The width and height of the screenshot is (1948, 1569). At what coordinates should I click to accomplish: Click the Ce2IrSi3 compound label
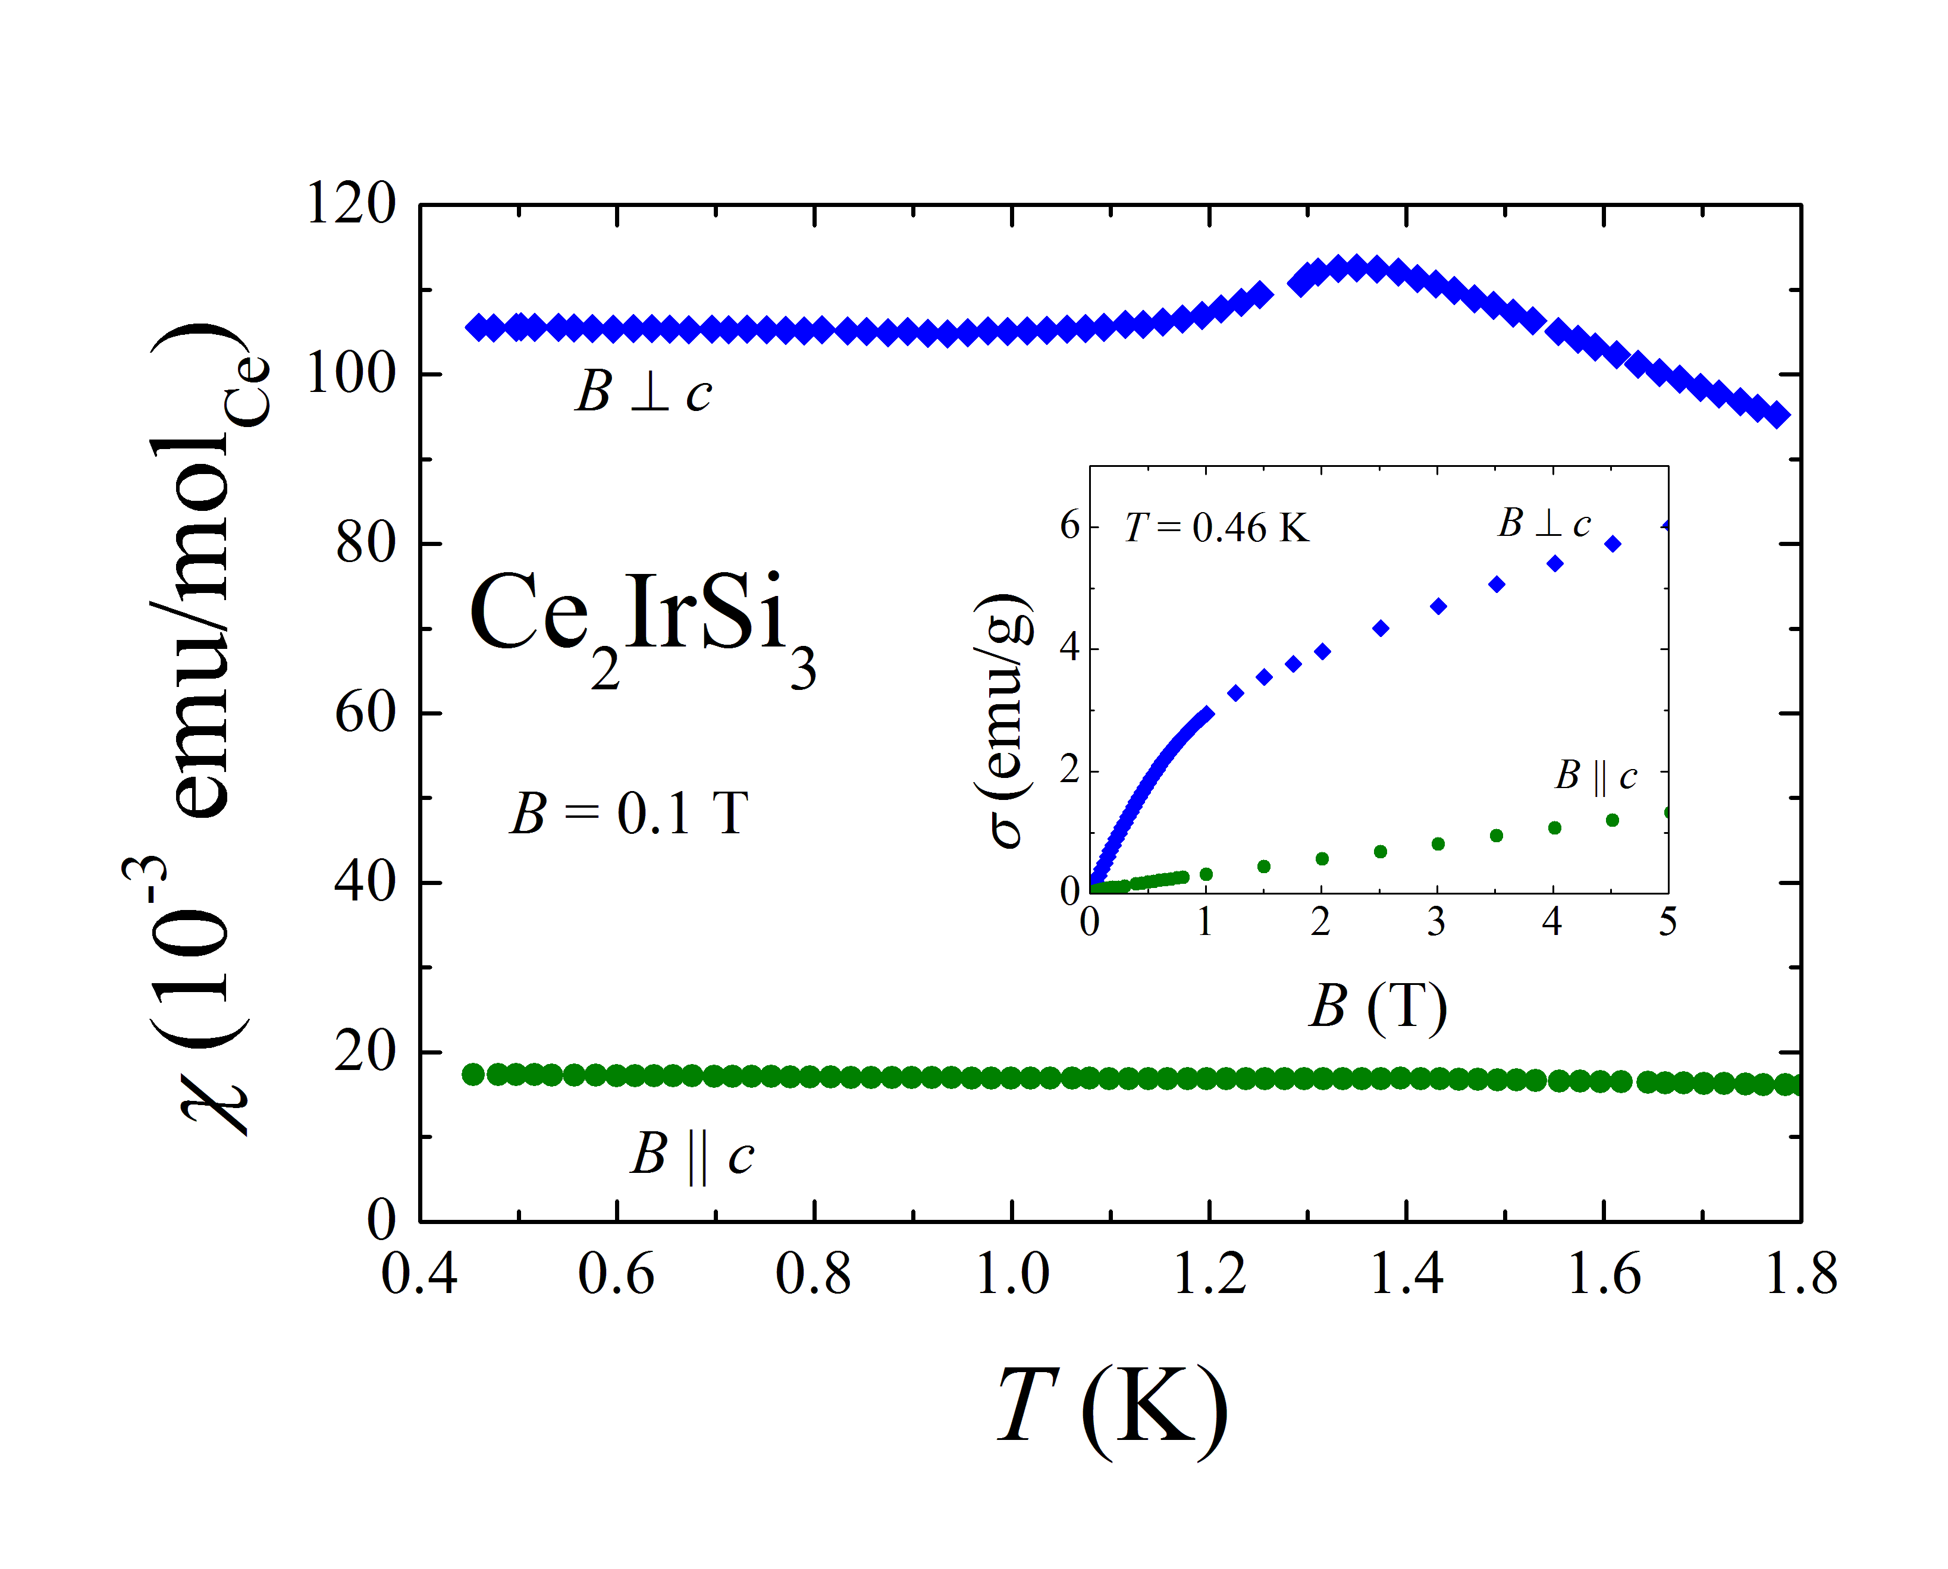pos(642,624)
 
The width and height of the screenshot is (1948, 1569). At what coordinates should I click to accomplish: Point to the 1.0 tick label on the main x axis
pos(1012,1275)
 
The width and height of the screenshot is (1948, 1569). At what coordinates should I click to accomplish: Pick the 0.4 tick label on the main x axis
pos(419,1275)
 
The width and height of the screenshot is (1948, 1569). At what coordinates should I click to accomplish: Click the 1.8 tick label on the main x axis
pos(1800,1275)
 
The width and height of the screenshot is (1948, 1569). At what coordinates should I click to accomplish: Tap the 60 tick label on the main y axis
pos(365,713)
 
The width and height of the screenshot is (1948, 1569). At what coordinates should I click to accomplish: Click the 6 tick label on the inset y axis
pos(1070,525)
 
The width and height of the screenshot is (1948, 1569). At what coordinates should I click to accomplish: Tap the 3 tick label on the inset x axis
pos(1436,922)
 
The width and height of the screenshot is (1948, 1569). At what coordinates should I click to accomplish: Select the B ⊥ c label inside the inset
pos(1544,523)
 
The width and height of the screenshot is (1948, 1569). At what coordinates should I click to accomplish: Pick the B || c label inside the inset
pos(1595,776)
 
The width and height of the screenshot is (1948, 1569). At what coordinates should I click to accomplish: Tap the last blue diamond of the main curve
pos(1778,415)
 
